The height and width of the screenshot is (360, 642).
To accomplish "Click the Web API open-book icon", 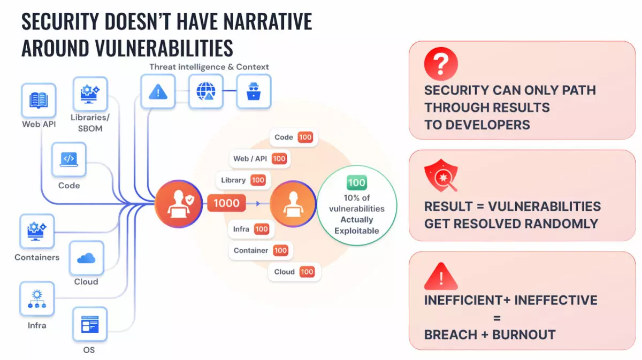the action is [x=39, y=101].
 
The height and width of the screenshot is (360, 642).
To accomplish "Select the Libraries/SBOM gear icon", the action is [x=90, y=94].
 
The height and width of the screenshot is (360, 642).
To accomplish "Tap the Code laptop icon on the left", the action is [x=69, y=159].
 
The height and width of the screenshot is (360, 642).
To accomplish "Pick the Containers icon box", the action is [x=37, y=231].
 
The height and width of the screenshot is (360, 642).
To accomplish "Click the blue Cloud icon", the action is [x=86, y=258].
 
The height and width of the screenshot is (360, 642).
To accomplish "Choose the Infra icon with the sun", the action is [x=37, y=298].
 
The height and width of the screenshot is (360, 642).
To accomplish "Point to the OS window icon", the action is [x=90, y=324].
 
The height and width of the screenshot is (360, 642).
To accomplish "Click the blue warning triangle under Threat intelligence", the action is [x=158, y=91].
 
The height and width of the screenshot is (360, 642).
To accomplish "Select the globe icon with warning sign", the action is [x=206, y=91].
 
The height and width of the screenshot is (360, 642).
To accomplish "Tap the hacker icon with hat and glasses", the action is [x=254, y=91].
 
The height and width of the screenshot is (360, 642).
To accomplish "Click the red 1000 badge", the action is [x=226, y=203].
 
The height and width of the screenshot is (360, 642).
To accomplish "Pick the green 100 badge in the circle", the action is [x=356, y=182].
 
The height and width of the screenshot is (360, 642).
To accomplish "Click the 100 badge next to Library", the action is [x=258, y=180].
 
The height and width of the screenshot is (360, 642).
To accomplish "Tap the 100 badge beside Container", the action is [x=280, y=250].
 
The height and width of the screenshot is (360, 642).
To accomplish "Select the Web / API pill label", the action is [x=259, y=158].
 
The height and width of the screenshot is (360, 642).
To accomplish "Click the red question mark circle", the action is [x=441, y=64].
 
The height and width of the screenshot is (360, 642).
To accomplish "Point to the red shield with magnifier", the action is [x=441, y=175].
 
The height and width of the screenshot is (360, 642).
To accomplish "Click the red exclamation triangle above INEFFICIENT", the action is [x=441, y=275].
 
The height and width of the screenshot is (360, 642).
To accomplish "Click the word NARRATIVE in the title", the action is [x=267, y=21].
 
